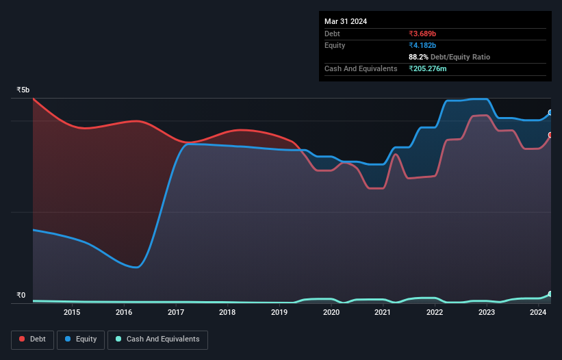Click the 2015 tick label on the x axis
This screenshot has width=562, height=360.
[72, 313]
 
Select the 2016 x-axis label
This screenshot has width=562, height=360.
[124, 313]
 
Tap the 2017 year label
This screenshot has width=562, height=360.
[176, 313]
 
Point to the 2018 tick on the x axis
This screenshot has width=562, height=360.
[227, 313]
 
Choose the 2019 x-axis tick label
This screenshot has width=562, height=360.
[279, 313]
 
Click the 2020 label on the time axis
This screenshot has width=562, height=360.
[331, 313]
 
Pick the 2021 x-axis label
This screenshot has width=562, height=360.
[383, 313]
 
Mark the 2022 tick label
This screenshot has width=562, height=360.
[435, 313]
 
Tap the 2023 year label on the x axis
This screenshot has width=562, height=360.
[487, 313]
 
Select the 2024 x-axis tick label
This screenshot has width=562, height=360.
[538, 313]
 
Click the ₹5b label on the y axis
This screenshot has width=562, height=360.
[23, 90]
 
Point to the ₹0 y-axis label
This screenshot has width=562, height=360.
[21, 296]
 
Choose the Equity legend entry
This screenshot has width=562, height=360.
[81, 339]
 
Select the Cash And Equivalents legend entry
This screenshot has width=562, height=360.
[157, 339]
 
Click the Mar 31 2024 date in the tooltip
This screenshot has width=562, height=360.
[346, 21]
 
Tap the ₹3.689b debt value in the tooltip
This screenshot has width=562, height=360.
[422, 34]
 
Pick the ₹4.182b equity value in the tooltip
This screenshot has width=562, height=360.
[422, 45]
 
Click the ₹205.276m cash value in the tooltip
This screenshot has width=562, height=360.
[428, 68]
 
